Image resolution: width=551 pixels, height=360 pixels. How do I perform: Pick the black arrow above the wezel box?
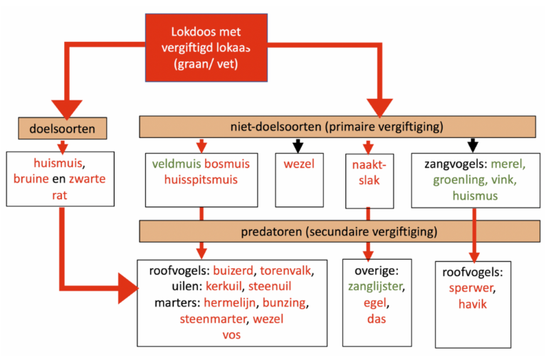click(298, 145)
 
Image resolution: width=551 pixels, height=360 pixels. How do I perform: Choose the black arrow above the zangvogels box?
click(471, 145)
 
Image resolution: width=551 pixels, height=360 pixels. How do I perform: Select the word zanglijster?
click(376, 287)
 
